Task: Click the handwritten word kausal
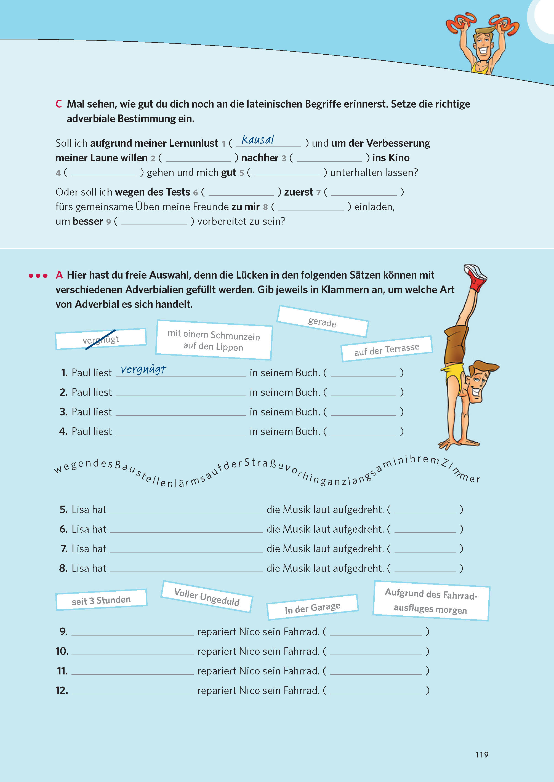[x=258, y=140]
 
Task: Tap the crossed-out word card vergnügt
[x=101, y=339]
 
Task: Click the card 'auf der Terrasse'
[x=387, y=349]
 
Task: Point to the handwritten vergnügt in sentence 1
[x=143, y=369]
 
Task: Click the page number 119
[x=482, y=754]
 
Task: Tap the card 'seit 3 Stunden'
[x=101, y=600]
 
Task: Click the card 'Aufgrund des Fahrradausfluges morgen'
[x=431, y=601]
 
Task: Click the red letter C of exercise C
[x=59, y=104]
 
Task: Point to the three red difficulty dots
[x=38, y=276]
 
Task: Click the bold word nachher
[x=260, y=158]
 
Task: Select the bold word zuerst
[x=299, y=192]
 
